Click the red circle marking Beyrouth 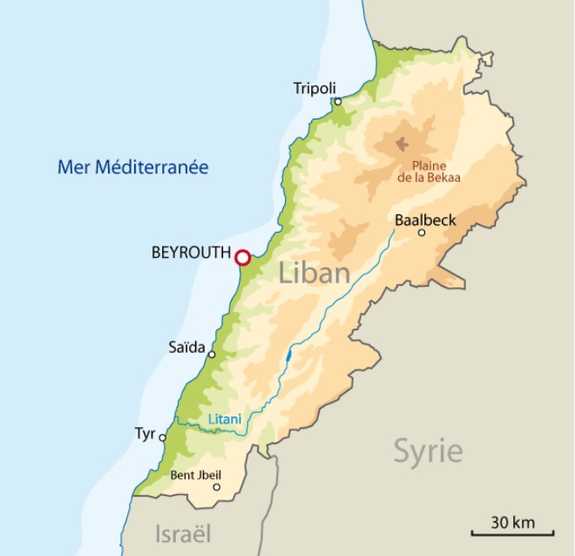click(242, 257)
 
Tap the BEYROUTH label click(191, 254)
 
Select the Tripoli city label click(315, 88)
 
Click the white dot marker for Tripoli click(338, 102)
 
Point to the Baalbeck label click(425, 220)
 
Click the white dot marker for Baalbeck click(422, 233)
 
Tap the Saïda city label click(186, 348)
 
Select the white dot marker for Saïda click(212, 355)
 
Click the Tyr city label click(145, 432)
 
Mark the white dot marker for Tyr click(162, 438)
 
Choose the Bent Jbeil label click(195, 475)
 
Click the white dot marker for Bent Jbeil click(217, 487)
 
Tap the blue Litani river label click(225, 419)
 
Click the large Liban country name click(315, 273)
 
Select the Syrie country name click(428, 451)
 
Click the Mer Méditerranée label click(132, 166)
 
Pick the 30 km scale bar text click(512, 523)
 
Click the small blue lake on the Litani click(287, 356)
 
